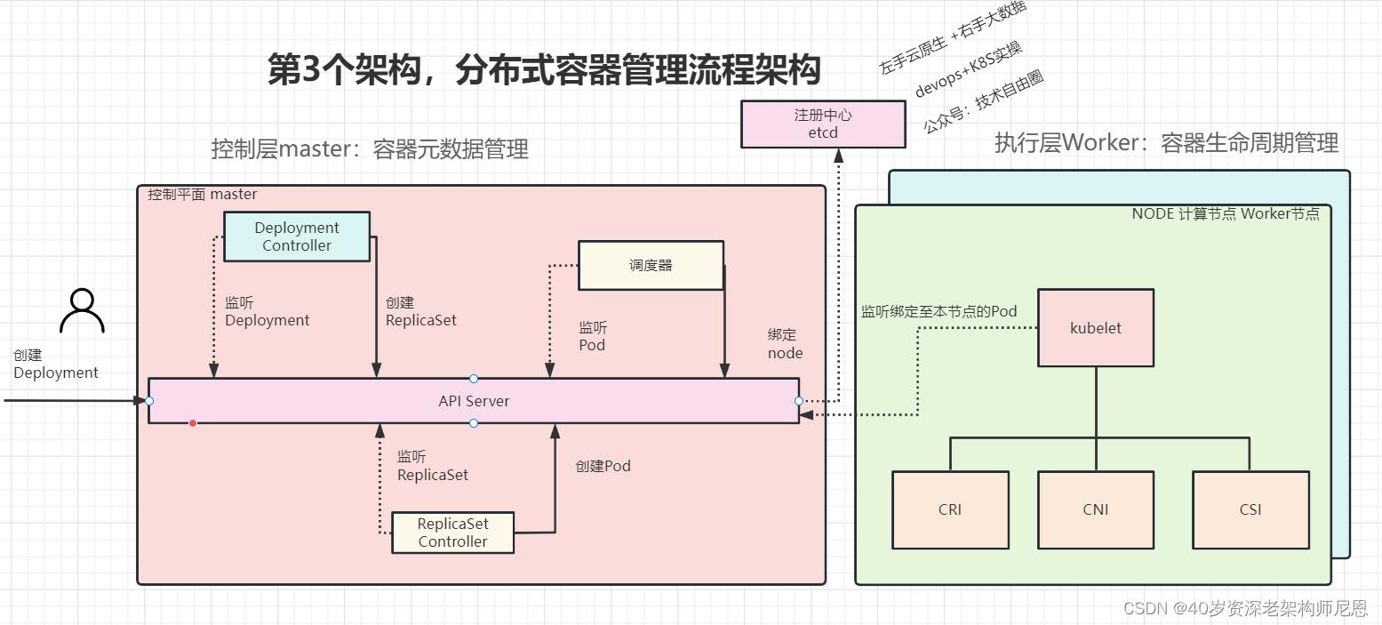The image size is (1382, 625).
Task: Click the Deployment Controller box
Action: [296, 236]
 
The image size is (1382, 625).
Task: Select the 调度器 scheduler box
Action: [651, 265]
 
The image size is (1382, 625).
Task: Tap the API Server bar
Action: [474, 401]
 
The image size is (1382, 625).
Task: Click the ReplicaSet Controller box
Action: [452, 533]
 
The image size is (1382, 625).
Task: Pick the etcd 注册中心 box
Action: [823, 124]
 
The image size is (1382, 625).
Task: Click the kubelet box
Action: [1095, 328]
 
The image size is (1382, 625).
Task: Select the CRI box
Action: [949, 509]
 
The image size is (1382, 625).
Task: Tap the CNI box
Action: [1095, 509]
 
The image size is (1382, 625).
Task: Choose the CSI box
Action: [1250, 509]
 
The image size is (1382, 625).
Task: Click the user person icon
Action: [82, 311]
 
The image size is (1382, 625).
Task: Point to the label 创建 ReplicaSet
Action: [420, 311]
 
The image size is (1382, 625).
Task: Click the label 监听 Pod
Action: [593, 336]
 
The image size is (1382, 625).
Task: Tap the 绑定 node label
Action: [785, 344]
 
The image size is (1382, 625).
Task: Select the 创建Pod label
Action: [603, 466]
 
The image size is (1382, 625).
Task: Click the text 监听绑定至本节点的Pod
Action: [939, 312]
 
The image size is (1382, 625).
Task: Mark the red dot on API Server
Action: [193, 423]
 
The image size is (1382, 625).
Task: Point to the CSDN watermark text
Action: [1244, 608]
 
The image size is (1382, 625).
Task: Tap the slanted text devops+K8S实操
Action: [969, 69]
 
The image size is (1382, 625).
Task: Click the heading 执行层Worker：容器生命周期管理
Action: [1166, 143]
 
